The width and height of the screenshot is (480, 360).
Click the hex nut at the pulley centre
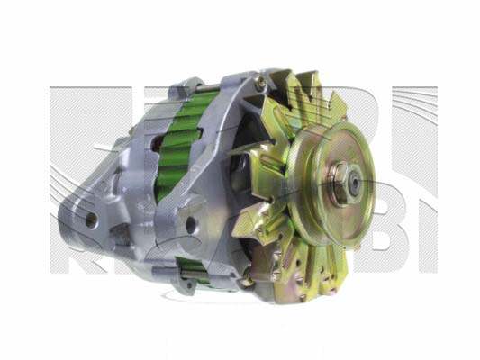[349, 183]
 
